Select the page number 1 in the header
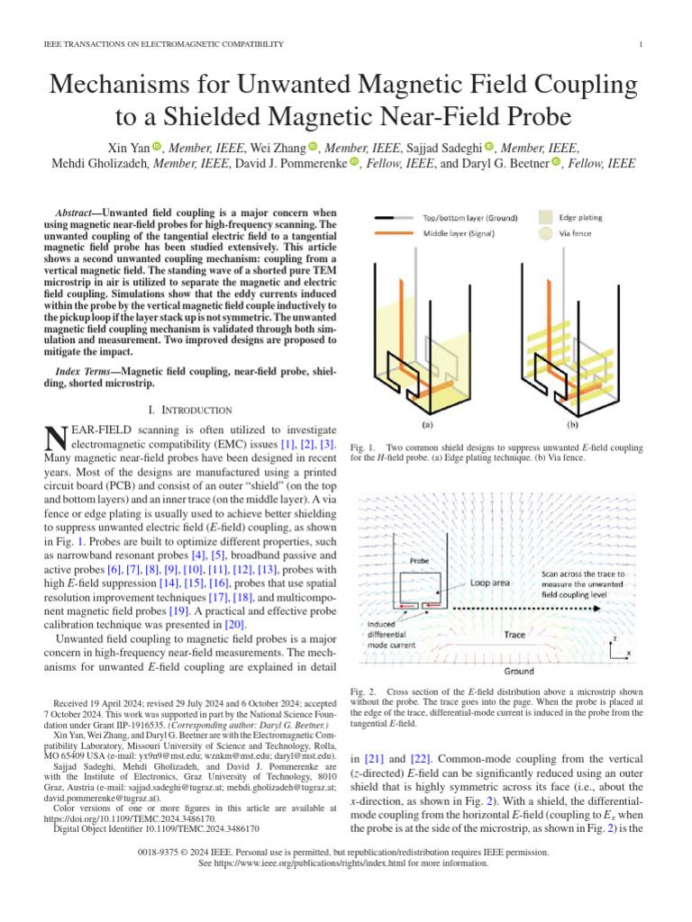coord(639,44)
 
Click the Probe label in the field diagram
coord(421,559)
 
